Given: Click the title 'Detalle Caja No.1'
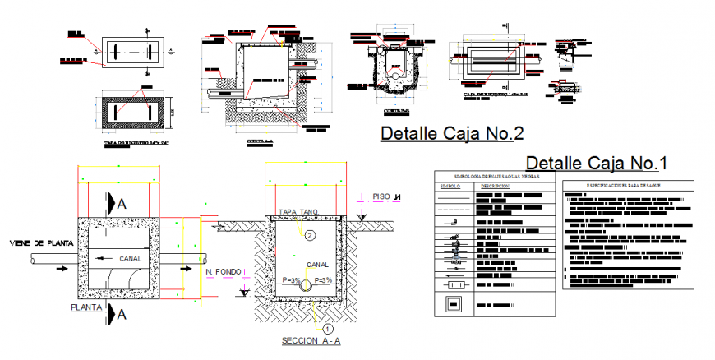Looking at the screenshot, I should click(x=596, y=162).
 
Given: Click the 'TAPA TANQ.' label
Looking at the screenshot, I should click(x=298, y=211).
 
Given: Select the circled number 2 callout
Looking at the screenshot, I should click(x=310, y=235).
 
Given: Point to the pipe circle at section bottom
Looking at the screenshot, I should click(x=306, y=286).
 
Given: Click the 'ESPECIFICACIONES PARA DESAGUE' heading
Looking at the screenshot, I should click(x=624, y=186).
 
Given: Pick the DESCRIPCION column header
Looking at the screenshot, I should click(x=496, y=187).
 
